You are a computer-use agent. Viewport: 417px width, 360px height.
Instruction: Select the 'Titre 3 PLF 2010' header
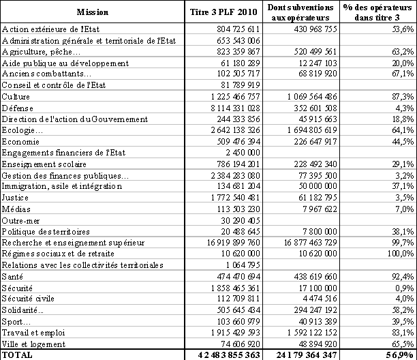point(224,12)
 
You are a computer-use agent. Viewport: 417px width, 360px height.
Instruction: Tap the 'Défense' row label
point(18,108)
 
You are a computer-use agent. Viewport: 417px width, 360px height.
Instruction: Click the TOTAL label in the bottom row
point(17,355)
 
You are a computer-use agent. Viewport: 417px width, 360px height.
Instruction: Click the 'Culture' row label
point(17,97)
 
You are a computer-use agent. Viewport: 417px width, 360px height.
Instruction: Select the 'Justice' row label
point(16,197)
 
